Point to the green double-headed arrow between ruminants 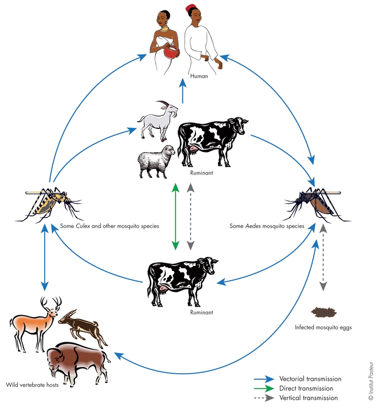[175, 216]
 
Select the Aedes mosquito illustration [315, 202]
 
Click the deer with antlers [35, 321]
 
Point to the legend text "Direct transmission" [306, 388]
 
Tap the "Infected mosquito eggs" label [324, 327]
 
